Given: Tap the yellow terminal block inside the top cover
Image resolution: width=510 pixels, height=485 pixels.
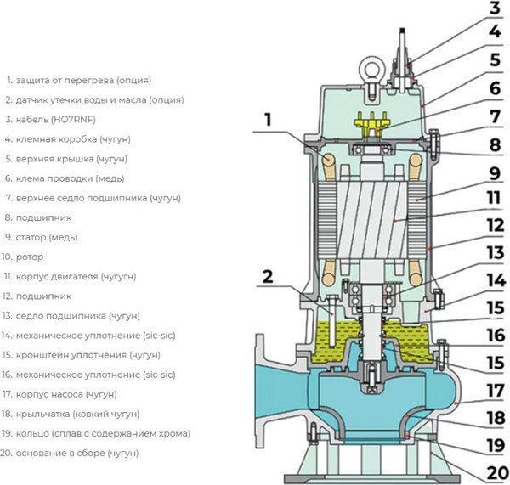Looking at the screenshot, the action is [372, 124].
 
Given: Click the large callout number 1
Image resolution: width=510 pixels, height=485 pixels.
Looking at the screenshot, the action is [268, 120].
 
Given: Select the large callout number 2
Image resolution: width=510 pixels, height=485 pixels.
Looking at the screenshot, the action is [268, 277].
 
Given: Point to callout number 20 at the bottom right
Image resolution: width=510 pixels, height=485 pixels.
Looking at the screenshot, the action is [497, 473].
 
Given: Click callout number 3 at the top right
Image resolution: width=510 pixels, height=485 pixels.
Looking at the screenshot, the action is [495, 8].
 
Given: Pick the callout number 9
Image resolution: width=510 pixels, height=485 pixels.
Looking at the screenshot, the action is [495, 173].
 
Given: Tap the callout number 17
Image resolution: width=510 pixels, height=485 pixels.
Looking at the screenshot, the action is [496, 391].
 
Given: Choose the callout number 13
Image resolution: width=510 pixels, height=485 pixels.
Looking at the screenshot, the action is [496, 252].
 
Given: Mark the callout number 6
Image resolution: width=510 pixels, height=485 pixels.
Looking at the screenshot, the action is [495, 88].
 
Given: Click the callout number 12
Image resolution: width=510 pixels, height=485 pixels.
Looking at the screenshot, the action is [496, 225].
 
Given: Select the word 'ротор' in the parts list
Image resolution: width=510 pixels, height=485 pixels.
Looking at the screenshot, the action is [30, 257].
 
